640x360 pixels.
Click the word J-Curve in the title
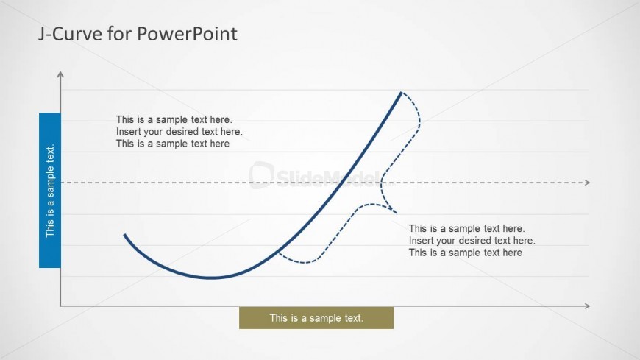[x=70, y=34]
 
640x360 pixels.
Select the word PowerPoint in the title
[x=187, y=34]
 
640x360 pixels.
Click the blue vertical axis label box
[x=50, y=191]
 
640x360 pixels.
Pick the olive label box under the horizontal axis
[x=316, y=318]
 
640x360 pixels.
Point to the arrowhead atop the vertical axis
[x=60, y=74]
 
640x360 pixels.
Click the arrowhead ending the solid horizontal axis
[x=587, y=306]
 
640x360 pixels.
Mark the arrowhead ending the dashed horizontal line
[x=587, y=183]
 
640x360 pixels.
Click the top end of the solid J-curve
[x=401, y=93]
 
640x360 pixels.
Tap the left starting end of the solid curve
[x=124, y=235]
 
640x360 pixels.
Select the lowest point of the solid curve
[x=211, y=278]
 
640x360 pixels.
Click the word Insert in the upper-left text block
[x=128, y=132]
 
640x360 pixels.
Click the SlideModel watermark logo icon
[x=261, y=175]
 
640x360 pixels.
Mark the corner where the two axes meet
[x=60, y=306]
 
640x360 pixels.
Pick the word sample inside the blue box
[x=50, y=183]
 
